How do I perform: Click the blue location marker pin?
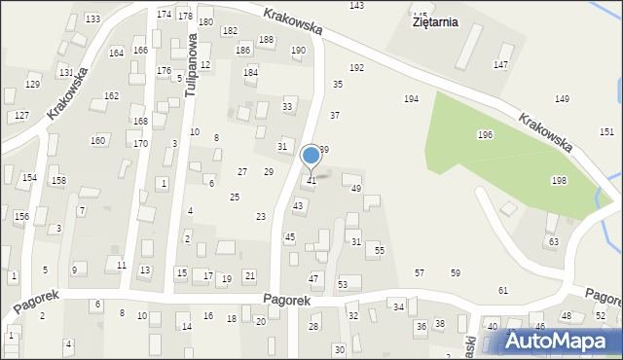tap(311, 155)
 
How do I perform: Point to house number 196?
tap(485, 134)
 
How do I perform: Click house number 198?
tap(559, 181)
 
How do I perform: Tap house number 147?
tap(500, 64)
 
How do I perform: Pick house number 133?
tap(92, 19)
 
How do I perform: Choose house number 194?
tap(412, 99)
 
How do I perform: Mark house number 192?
tap(357, 67)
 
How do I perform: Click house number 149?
tap(562, 99)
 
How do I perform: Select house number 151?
tap(606, 131)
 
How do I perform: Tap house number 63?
tap(553, 241)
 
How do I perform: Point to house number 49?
tap(356, 188)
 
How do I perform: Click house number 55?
tap(380, 250)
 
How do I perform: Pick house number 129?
tap(33, 85)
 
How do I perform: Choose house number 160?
tap(98, 140)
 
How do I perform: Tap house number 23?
tap(261, 216)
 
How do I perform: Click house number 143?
tap(357, 6)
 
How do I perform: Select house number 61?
tap(503, 291)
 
